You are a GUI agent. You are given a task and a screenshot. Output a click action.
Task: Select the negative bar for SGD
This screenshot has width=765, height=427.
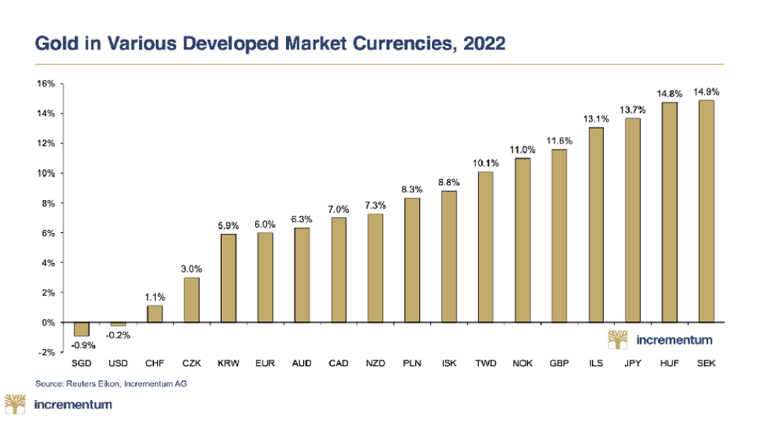81,329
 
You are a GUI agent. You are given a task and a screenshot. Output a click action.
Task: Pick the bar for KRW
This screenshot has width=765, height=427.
228,278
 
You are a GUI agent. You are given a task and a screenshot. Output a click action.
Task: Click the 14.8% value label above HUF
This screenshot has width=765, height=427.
669,93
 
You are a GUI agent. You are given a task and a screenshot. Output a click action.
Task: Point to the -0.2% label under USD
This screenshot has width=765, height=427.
117,335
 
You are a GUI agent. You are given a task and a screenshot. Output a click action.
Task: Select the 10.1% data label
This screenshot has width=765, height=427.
486,163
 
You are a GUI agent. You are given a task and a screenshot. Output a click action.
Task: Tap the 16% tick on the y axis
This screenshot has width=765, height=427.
45,84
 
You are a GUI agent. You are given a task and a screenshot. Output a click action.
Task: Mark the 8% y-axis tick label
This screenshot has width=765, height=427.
47,203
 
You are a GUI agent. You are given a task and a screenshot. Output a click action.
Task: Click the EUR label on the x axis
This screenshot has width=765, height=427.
265,363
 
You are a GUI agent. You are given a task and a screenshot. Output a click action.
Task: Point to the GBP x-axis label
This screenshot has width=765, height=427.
559,363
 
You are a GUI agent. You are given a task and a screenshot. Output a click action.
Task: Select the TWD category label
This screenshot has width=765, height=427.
485,363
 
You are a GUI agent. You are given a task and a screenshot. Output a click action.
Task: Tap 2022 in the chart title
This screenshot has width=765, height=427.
482,44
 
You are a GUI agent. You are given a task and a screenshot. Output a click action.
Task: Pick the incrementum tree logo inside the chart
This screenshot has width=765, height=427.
618,340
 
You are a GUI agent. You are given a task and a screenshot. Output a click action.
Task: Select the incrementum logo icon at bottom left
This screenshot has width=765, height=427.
16,404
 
